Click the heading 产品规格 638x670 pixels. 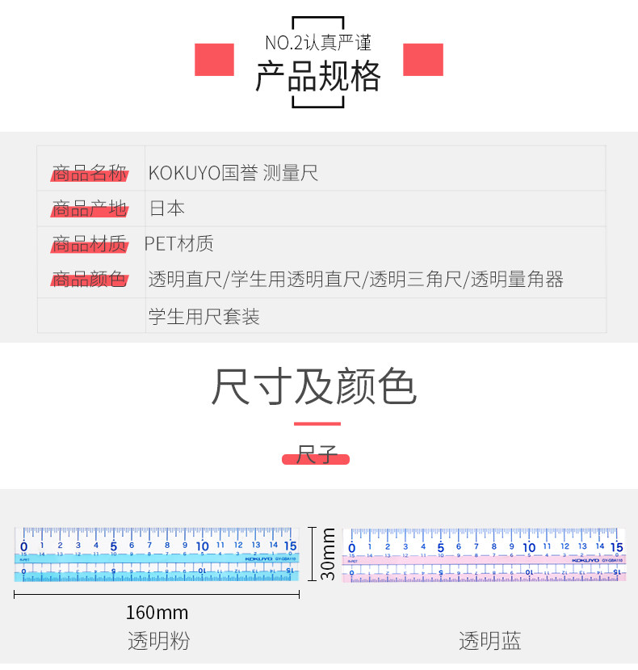point(317,78)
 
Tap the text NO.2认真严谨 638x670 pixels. point(317,43)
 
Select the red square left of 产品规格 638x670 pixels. point(214,60)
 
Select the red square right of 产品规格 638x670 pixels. point(423,60)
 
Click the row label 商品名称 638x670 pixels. point(90,173)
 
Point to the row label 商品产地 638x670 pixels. point(90,209)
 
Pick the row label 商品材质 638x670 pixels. point(90,243)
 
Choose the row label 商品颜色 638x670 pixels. point(90,280)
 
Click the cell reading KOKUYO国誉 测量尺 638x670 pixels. point(233,173)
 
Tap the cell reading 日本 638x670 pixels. point(167,209)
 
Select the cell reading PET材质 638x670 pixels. point(179,243)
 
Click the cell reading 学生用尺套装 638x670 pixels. point(204,316)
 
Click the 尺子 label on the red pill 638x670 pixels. point(316,456)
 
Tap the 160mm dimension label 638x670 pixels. point(157,613)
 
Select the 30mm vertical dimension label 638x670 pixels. point(328,554)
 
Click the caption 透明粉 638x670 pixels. point(158,642)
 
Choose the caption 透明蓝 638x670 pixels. point(490,642)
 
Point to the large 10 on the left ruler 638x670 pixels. point(203,546)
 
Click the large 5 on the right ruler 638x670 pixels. point(441,547)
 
